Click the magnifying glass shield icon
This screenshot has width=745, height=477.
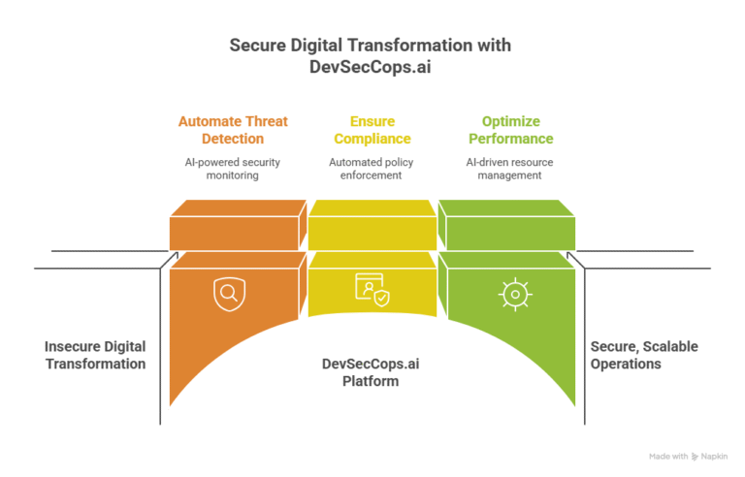click(x=229, y=292)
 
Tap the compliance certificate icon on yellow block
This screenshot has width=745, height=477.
click(x=372, y=290)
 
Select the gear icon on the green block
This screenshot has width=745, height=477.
click(x=514, y=293)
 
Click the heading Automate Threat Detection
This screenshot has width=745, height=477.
click(x=233, y=130)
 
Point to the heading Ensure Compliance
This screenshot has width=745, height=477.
click(x=372, y=130)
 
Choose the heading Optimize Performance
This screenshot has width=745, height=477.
click(x=510, y=130)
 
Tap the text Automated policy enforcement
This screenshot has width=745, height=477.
click(x=372, y=169)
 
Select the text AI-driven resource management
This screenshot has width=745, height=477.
click(x=510, y=169)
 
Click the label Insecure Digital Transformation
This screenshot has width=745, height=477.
click(x=95, y=355)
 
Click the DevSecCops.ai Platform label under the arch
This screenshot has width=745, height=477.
click(x=372, y=372)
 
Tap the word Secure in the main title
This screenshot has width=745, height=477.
click(x=256, y=46)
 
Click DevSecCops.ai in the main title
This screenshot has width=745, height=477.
click(x=372, y=67)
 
